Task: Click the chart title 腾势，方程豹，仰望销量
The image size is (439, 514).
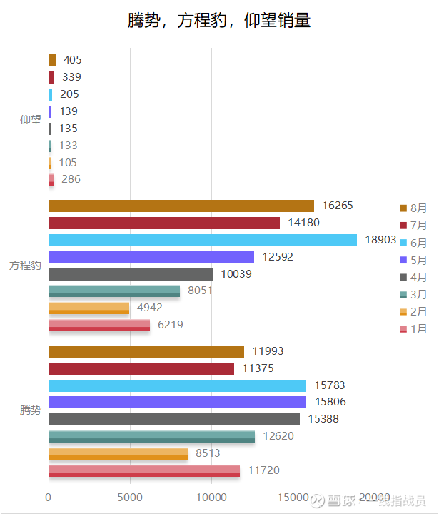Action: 219,21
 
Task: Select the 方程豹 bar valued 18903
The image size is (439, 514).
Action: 203,240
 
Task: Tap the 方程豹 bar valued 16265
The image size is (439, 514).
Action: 181,206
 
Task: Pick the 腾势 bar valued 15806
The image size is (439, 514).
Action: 177,402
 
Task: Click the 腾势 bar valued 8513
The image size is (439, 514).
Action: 118,453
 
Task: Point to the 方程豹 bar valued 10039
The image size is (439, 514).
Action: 131,274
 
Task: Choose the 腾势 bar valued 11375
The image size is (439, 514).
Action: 141,368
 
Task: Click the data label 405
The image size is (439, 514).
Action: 72,60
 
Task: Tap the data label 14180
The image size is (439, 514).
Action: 303,223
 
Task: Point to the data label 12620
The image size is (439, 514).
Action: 278,436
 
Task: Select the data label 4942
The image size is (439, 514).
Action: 150,308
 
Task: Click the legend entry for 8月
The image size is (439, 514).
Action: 413,208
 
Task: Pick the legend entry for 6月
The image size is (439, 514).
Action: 413,243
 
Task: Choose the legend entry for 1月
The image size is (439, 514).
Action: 413,328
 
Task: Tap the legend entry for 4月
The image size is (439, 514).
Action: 413,277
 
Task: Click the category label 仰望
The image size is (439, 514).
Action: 31,120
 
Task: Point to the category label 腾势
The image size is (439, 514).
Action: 31,410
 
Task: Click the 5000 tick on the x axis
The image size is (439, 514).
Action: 130,497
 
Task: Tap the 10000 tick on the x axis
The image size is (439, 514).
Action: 211,497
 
